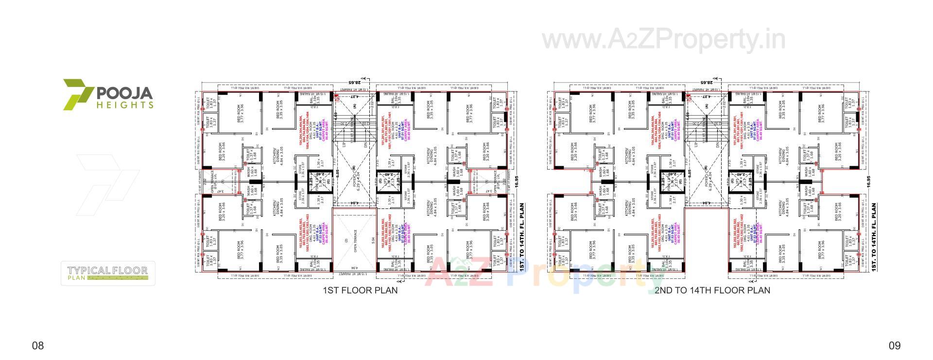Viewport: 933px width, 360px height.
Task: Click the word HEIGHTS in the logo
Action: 125,104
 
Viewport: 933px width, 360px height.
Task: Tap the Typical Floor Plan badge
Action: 108,274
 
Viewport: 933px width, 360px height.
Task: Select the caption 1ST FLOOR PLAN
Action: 360,291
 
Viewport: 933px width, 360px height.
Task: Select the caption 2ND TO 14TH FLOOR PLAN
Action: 712,291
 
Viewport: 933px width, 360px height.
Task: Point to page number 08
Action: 38,346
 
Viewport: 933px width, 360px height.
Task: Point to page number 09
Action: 895,346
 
